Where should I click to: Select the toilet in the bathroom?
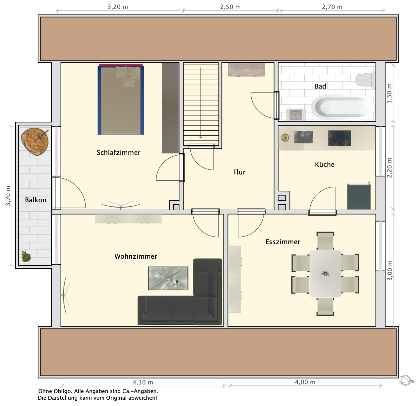(365, 80)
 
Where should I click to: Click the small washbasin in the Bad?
(295, 115)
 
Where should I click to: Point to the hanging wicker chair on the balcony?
(35, 141)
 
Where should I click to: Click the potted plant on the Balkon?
(26, 256)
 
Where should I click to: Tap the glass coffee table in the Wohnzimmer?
(168, 278)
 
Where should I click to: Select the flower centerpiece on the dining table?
(325, 274)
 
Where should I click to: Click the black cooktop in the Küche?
(339, 138)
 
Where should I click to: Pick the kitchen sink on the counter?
(304, 137)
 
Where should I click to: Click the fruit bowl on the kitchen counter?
(285, 137)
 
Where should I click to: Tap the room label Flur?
(239, 172)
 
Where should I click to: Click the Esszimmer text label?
(283, 242)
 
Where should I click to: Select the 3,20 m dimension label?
(118, 7)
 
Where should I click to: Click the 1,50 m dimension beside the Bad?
(389, 93)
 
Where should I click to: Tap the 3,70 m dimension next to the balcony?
(8, 196)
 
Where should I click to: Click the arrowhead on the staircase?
(201, 137)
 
